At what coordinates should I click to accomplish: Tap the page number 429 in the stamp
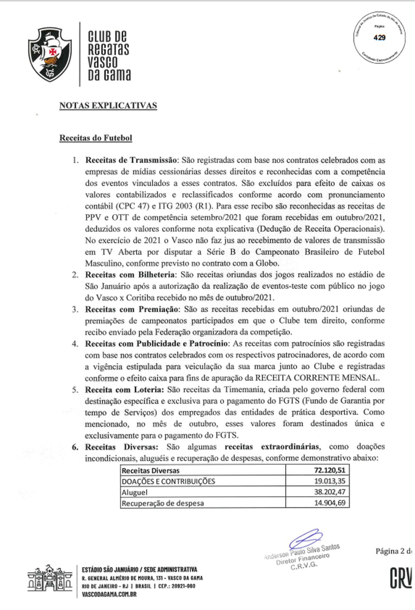(379, 38)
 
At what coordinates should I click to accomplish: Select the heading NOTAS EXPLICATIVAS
(108, 105)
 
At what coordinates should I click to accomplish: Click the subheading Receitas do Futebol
(95, 138)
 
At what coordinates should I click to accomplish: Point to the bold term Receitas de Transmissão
(132, 160)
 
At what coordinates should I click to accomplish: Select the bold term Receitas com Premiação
(132, 309)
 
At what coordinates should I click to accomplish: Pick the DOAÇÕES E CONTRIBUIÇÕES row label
(168, 481)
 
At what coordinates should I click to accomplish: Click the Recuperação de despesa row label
(163, 503)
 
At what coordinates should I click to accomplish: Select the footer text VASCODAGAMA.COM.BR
(109, 594)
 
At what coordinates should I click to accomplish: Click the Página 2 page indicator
(393, 551)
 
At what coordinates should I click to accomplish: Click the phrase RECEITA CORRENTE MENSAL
(317, 378)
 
